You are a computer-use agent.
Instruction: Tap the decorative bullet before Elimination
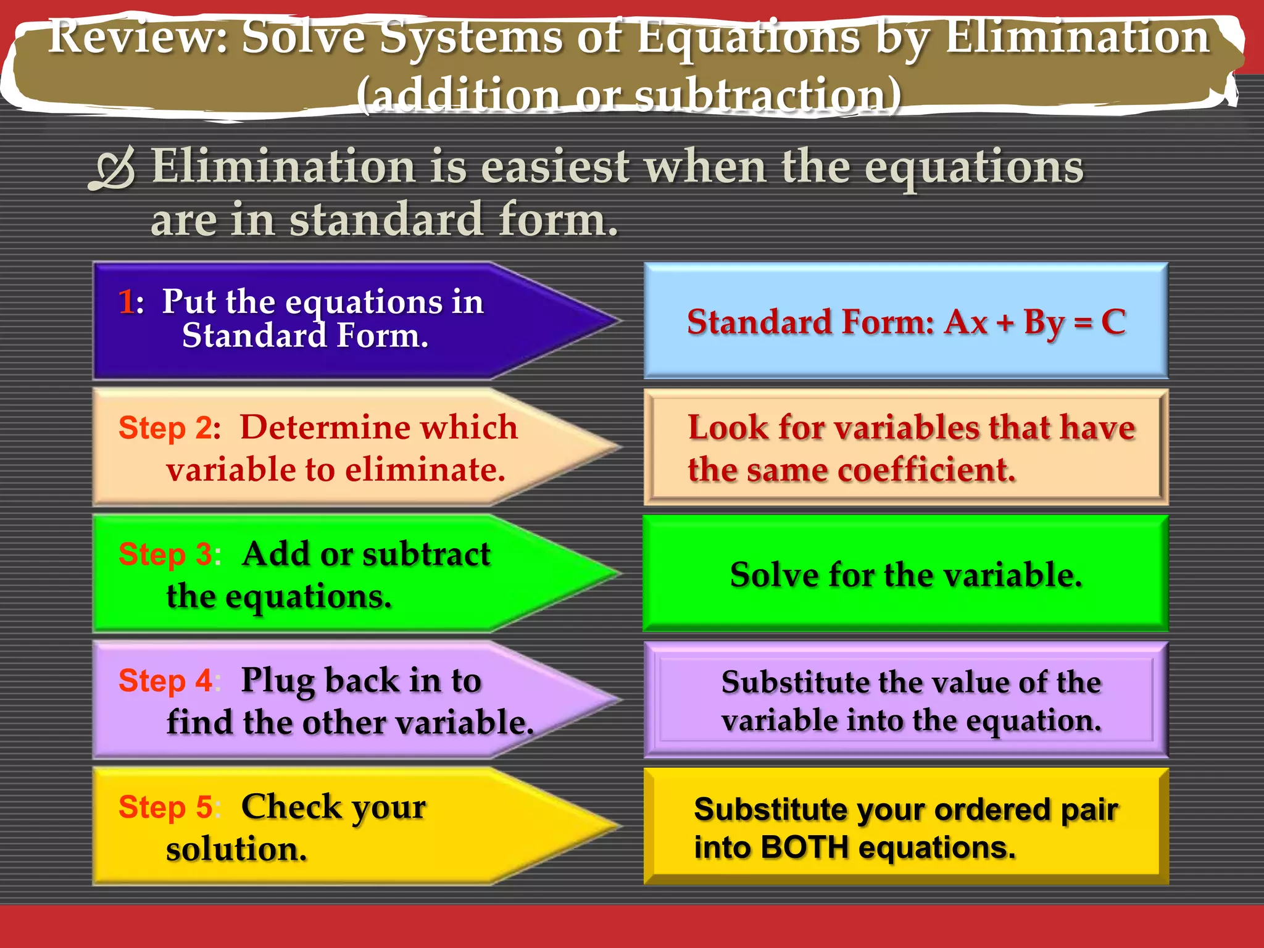point(112,168)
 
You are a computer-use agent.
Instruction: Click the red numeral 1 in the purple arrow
point(127,302)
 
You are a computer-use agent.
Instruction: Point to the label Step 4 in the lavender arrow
point(165,681)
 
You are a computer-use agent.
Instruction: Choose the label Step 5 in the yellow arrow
point(165,807)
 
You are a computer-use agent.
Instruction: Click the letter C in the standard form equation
point(1113,322)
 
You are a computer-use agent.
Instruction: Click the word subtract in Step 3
point(426,554)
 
